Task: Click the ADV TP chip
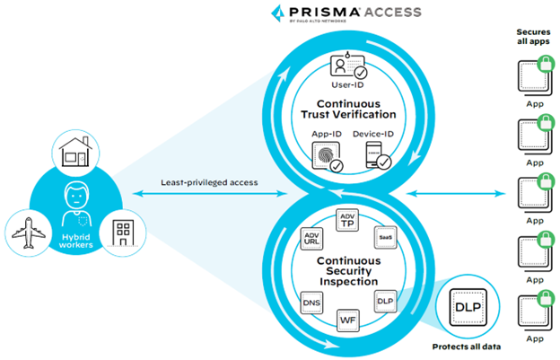coord(348,220)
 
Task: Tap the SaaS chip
coord(384,236)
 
